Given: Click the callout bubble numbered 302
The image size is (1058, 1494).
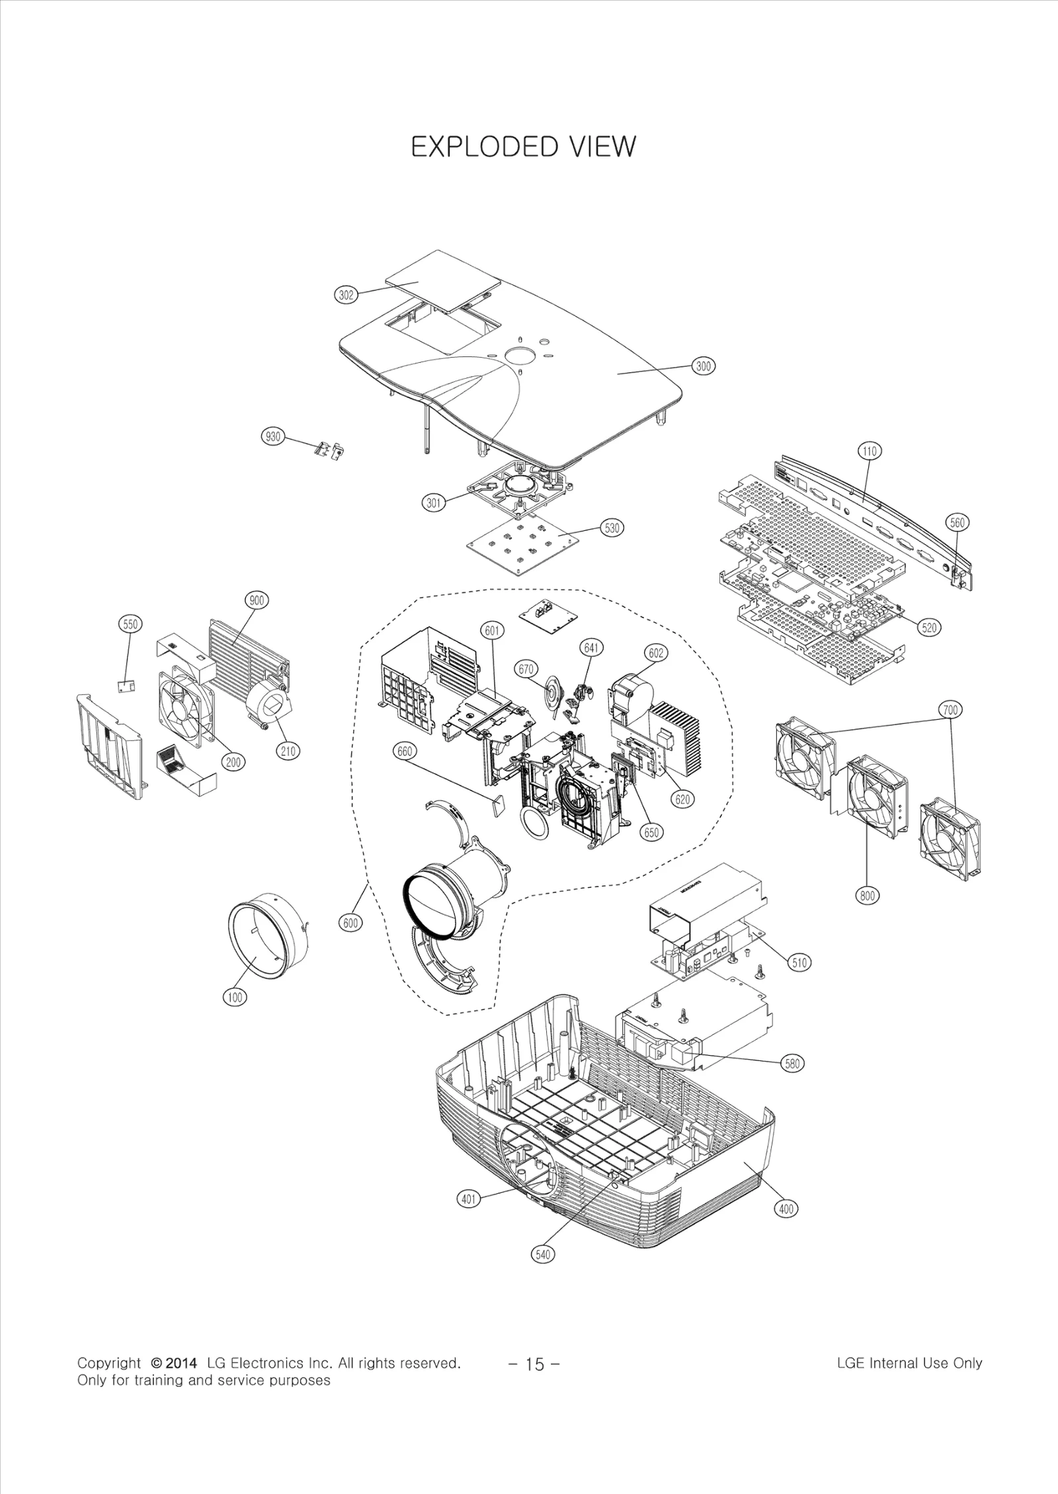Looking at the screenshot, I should tap(346, 295).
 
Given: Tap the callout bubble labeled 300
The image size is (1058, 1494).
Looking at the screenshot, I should tap(704, 366).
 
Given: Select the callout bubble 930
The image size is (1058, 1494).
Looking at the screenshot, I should tap(272, 437).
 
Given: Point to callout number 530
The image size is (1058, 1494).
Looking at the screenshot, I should tap(612, 528).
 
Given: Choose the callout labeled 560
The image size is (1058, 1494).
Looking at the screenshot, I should tap(957, 523).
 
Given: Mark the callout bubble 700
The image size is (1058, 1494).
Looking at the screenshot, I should tap(950, 710).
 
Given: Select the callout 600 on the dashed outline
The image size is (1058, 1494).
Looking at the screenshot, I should tap(350, 924).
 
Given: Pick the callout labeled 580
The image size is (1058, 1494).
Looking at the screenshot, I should tap(792, 1064).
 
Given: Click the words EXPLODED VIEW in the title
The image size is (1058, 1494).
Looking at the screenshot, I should tap(522, 147).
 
